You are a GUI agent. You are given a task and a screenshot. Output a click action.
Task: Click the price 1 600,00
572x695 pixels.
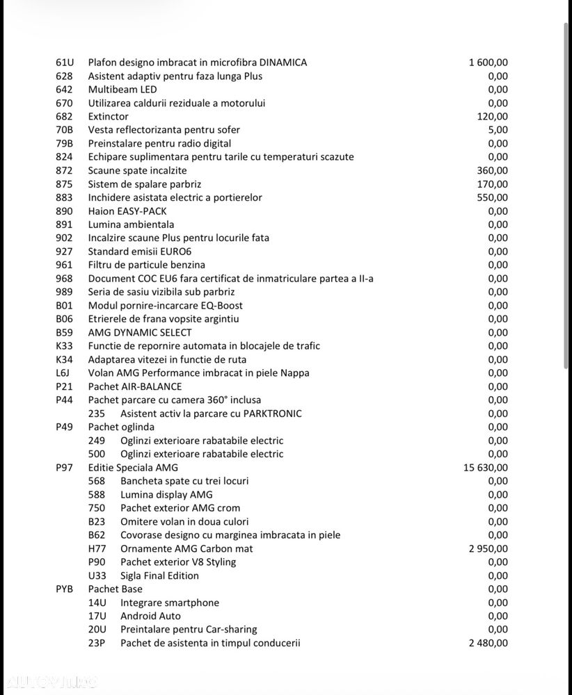click(x=488, y=63)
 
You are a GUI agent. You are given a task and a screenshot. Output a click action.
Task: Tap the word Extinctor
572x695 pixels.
click(x=108, y=117)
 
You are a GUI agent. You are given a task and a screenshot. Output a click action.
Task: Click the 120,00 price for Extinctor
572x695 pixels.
click(x=493, y=117)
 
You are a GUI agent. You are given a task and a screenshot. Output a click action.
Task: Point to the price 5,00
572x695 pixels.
click(x=498, y=130)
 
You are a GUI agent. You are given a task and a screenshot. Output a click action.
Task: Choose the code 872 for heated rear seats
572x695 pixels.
click(x=64, y=170)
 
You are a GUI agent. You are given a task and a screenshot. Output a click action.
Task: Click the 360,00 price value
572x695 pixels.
click(x=493, y=170)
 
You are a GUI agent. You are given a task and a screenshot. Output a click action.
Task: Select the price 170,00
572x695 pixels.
click(x=493, y=184)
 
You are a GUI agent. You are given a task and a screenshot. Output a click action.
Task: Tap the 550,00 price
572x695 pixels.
click(x=493, y=197)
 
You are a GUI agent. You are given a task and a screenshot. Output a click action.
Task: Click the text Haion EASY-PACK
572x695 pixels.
click(x=127, y=211)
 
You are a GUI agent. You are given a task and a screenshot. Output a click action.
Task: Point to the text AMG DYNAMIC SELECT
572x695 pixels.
click(x=140, y=332)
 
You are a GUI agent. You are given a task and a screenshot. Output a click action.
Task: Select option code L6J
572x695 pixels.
click(x=63, y=373)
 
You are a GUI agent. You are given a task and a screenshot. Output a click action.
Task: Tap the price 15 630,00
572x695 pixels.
click(x=486, y=468)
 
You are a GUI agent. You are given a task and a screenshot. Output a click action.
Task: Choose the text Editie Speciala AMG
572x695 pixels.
click(x=133, y=468)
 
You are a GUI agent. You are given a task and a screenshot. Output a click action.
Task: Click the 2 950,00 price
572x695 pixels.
click(x=488, y=548)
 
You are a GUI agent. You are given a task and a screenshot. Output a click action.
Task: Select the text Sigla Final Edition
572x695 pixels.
click(x=159, y=575)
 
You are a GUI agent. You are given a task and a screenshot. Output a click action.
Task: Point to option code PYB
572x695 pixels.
click(x=65, y=589)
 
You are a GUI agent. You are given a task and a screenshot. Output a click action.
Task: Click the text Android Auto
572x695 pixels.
click(x=150, y=616)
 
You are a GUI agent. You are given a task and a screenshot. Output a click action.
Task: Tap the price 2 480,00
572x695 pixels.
click(x=488, y=643)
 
